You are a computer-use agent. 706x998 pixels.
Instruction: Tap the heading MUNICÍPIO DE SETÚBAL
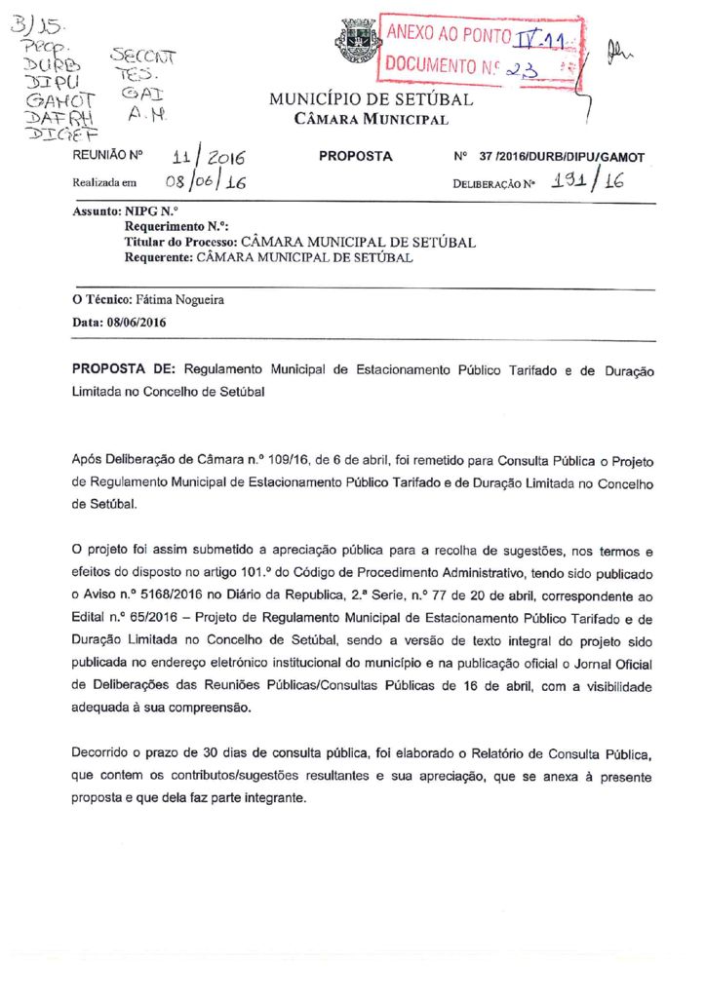pos(371,100)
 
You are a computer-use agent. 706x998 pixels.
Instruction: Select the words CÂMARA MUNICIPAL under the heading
pos(371,120)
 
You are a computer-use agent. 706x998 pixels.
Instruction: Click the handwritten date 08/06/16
pos(204,182)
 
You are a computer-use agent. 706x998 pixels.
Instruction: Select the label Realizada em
pos(105,182)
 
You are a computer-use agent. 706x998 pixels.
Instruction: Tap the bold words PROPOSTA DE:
pos(124,371)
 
